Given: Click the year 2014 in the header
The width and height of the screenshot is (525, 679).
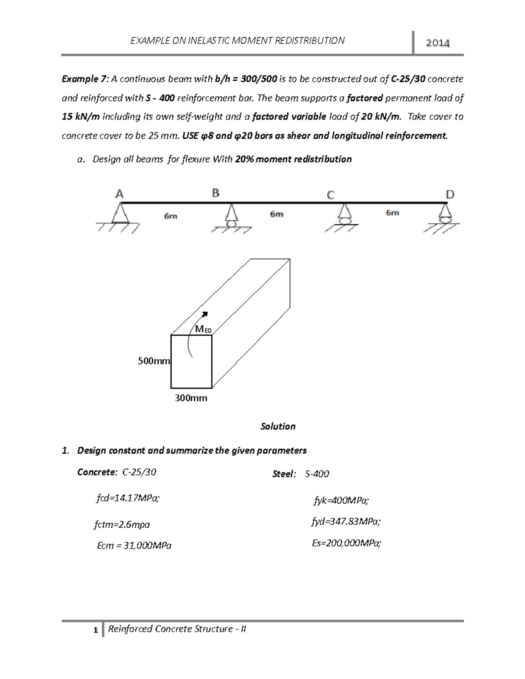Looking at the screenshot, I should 438,43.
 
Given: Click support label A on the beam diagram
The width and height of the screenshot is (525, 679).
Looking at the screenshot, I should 119,194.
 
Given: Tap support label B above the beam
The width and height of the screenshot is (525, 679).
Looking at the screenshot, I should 216,193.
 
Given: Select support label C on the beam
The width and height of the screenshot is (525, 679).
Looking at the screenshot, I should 331,195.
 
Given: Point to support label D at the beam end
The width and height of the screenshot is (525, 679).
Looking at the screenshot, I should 450,195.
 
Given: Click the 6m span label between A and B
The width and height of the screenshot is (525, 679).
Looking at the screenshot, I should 171,216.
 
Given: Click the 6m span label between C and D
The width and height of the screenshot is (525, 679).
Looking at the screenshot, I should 392,213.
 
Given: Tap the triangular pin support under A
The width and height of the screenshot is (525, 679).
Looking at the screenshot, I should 119,213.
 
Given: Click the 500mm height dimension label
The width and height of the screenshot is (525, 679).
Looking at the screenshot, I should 154,361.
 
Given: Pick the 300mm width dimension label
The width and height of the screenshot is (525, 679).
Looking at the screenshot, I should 191,398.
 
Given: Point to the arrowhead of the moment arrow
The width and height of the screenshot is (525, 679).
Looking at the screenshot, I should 205,314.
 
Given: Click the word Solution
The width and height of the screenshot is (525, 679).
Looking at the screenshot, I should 278,426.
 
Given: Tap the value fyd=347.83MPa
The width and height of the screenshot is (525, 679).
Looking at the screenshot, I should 346,522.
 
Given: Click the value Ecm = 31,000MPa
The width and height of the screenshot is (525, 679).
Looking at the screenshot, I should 134,546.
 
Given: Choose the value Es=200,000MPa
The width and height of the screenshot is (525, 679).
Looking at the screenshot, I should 346,543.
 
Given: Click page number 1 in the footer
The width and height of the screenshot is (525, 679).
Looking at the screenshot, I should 95,630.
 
